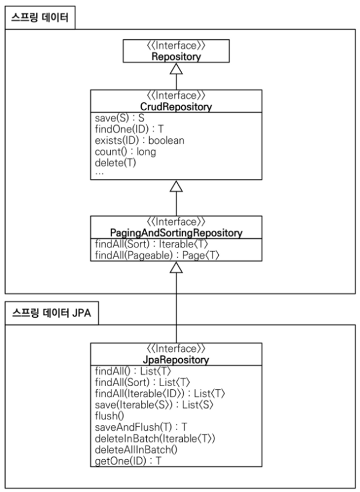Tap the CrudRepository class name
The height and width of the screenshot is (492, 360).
[176, 106]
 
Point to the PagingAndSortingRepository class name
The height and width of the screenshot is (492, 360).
[176, 233]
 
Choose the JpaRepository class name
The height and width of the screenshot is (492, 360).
[176, 359]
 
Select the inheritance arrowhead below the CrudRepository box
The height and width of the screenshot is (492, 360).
[176, 187]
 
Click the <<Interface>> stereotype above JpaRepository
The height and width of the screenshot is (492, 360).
[176, 348]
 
